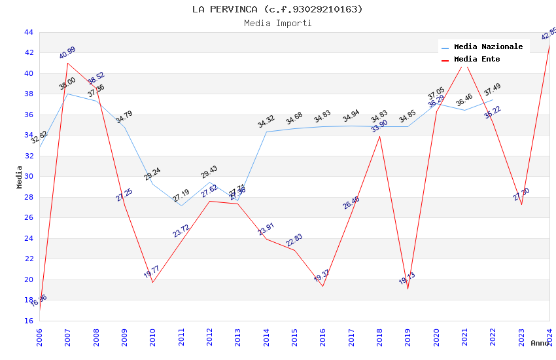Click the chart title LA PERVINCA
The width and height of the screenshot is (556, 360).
coord(277,9)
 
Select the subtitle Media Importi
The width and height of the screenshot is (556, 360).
coord(277,24)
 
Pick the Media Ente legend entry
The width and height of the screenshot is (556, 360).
coord(476,60)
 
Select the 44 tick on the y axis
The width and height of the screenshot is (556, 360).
coord(28,32)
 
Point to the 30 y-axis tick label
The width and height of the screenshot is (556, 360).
coord(28,176)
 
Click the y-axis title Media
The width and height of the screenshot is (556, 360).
coord(20,177)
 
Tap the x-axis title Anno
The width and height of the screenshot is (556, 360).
coord(540,343)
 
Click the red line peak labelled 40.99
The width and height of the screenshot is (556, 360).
coord(68,63)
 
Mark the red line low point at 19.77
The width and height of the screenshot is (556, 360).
coord(153,282)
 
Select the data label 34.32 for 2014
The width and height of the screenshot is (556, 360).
coord(266,122)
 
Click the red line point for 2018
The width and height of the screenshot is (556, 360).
coord(380,136)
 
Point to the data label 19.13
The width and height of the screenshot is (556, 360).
coord(407,279)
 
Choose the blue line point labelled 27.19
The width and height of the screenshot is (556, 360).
coord(181,206)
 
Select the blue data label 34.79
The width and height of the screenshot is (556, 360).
coord(124,118)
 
